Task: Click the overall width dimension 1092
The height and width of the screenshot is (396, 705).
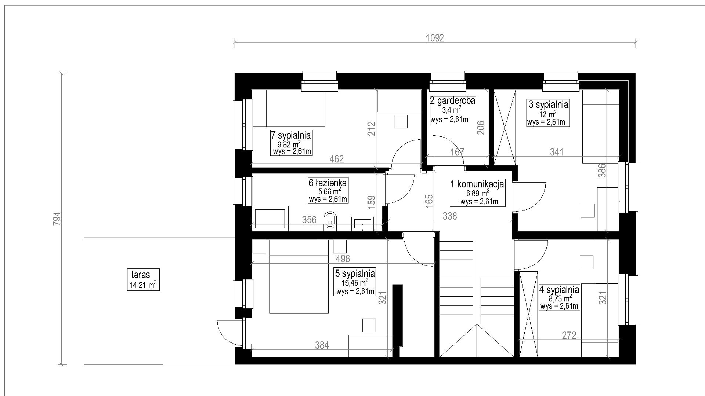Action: (x=435, y=38)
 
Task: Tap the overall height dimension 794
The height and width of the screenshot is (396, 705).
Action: (x=57, y=219)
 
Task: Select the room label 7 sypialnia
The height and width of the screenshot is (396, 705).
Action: (x=291, y=135)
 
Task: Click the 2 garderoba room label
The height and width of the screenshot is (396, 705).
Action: (x=453, y=100)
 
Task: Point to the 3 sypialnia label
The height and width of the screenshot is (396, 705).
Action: (x=549, y=104)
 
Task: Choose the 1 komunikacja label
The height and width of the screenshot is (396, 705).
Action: (x=477, y=184)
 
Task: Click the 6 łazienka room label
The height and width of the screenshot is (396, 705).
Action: (x=328, y=182)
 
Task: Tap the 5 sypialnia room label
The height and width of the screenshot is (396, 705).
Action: (x=355, y=274)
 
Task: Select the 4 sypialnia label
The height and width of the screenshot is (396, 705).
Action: (x=559, y=290)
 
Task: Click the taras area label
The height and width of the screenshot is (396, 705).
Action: (x=140, y=274)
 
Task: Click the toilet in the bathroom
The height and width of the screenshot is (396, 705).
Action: (x=330, y=221)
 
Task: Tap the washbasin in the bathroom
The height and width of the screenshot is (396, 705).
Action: (x=363, y=224)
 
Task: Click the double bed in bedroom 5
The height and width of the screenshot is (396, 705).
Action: (x=299, y=276)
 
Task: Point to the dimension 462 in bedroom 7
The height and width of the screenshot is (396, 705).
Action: (x=336, y=159)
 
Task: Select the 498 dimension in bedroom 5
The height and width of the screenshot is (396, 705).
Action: (x=343, y=258)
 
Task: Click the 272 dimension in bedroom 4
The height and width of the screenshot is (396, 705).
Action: (x=569, y=335)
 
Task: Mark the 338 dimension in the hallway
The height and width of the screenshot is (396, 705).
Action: (x=450, y=216)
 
